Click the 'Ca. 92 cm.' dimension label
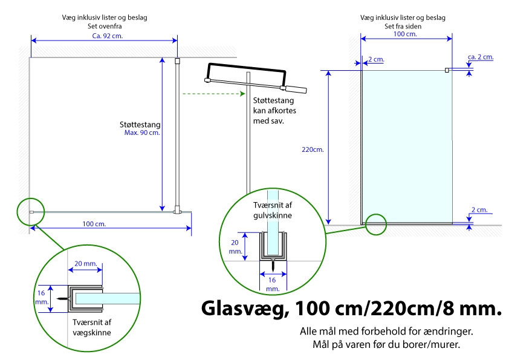pos(108,36)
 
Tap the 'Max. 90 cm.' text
pos(142,133)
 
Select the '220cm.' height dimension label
pos(313,149)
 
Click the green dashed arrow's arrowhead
pos(242,94)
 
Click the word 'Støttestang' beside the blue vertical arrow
pos(140,125)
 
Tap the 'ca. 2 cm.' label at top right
pos(481,57)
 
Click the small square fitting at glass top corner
pos(447,70)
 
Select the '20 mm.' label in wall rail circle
pos(86,264)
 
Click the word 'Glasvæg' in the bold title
pos(245,308)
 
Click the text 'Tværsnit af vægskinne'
pos(92,327)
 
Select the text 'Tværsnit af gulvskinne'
pos(273,210)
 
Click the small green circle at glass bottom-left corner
pos(376,224)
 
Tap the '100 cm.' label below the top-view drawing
pos(94,224)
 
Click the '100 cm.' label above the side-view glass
pos(405,34)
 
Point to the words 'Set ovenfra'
pos(105,26)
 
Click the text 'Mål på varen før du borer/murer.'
pos(386,344)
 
